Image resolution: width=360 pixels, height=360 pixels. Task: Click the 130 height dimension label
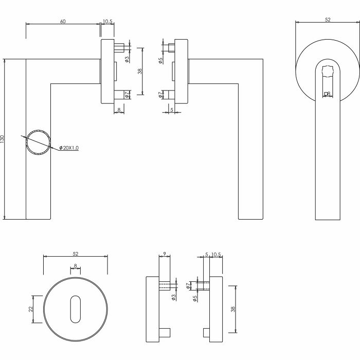pos(2,139)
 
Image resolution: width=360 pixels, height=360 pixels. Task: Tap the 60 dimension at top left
pos(63,22)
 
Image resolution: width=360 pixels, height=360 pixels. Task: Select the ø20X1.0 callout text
pos(69,148)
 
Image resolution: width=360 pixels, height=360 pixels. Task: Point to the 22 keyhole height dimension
pos(31,309)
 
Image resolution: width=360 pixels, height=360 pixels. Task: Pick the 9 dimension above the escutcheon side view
pos(165,254)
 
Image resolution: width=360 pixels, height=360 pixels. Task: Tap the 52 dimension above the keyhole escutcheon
pos(75,254)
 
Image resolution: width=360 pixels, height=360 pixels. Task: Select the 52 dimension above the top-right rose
pos(328,20)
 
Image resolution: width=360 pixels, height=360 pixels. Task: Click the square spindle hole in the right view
pos(326,94)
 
